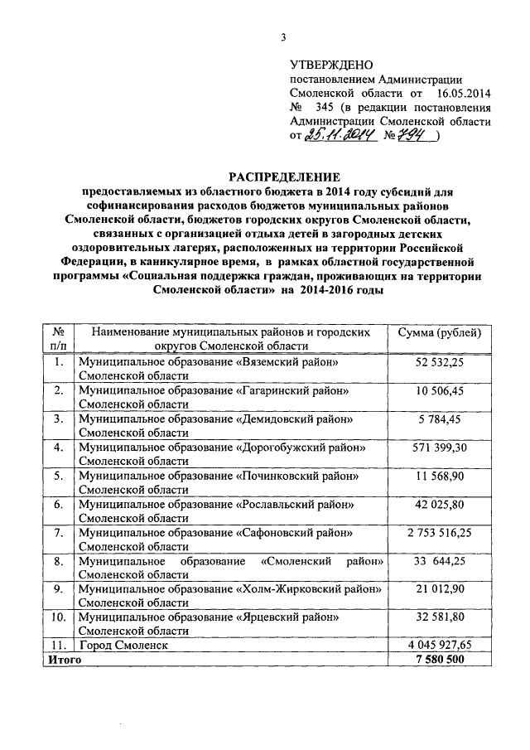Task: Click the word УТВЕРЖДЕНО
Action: click(x=331, y=65)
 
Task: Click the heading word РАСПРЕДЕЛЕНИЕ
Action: click(x=285, y=177)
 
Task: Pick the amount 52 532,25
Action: click(x=439, y=363)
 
